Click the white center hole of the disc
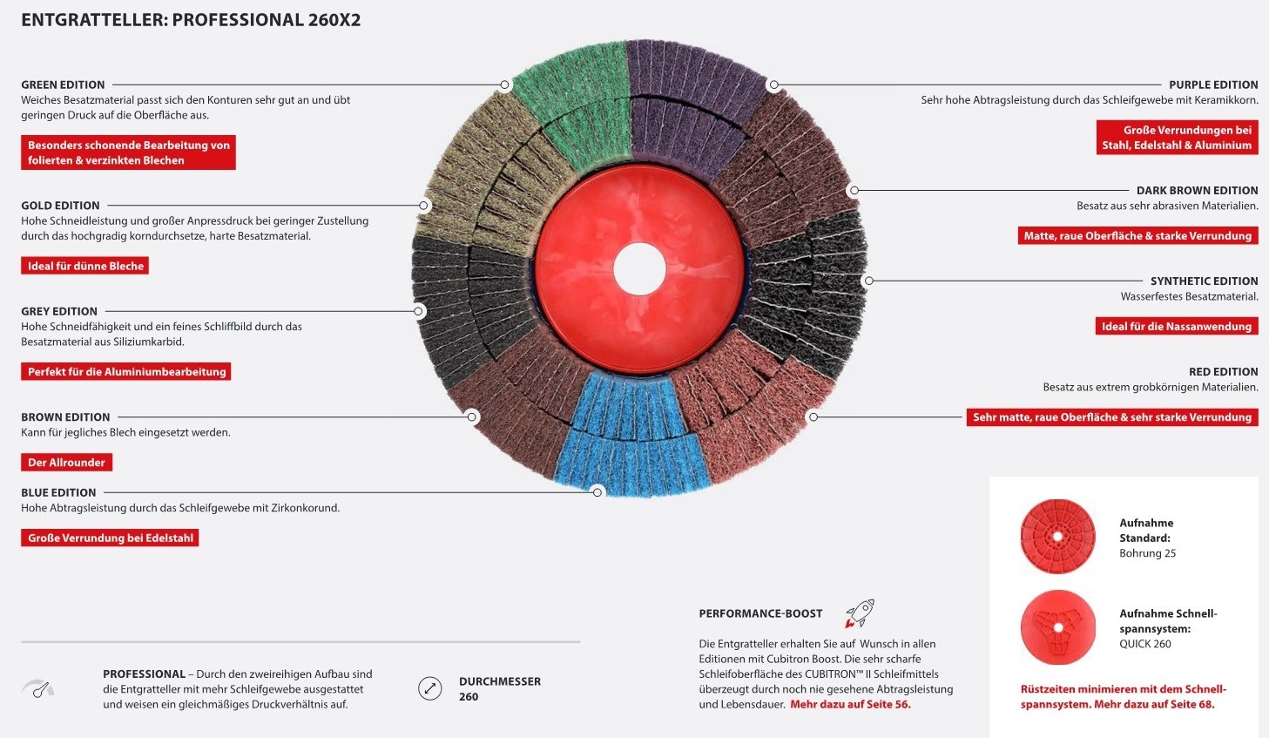(639, 268)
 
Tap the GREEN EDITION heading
(63, 85)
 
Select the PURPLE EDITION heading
(1213, 85)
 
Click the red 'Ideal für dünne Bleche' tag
(85, 266)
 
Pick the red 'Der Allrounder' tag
(66, 462)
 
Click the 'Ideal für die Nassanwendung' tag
(1177, 326)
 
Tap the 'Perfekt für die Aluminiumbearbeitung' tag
(125, 371)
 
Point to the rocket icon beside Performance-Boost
(860, 613)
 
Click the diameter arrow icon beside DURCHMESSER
(430, 688)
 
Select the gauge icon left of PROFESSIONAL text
(38, 688)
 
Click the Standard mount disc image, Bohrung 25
(1057, 536)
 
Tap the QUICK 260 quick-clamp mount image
(1057, 627)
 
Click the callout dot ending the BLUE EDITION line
(597, 492)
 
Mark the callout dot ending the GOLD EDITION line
(423, 205)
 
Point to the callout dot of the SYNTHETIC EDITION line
(869, 281)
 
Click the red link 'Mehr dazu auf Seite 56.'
(850, 704)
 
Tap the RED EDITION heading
(1223, 371)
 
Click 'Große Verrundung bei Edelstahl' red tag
(110, 538)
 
